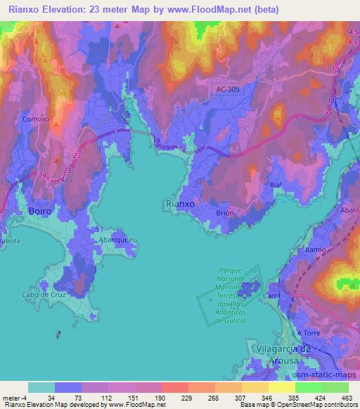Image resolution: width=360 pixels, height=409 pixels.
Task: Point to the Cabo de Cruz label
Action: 43,294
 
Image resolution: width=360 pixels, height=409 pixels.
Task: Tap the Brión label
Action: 225,213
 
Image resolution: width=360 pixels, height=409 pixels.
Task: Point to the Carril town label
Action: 271,297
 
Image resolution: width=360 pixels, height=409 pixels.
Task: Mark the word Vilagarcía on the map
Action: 281,348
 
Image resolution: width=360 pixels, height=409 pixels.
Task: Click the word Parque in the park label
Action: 230,270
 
